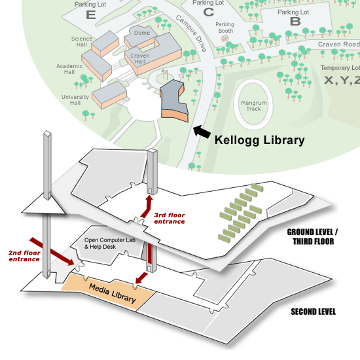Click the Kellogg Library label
(259, 141)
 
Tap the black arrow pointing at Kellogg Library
(202, 132)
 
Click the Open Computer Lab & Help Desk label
(110, 243)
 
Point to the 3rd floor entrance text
(170, 219)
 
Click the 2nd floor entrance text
(24, 256)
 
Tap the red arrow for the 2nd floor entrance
(52, 251)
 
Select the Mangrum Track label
(254, 106)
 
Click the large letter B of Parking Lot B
(295, 22)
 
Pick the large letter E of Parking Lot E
(91, 15)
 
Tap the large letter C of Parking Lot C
(208, 12)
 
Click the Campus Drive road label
(191, 33)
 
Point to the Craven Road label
(339, 44)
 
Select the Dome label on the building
(142, 33)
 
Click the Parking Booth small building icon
(225, 38)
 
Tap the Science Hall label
(82, 41)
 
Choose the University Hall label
(75, 100)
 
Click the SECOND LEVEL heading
(313, 312)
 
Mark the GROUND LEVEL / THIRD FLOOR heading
(312, 237)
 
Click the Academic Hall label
(69, 69)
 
